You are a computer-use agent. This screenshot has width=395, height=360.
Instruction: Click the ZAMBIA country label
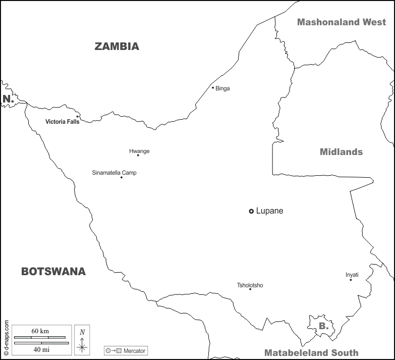117,46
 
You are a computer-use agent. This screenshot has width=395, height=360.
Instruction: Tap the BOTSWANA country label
53,272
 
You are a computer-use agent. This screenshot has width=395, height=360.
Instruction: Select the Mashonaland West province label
342,22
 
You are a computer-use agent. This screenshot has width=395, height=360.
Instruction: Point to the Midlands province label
341,152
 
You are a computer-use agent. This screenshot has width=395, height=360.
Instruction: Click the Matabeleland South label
311,353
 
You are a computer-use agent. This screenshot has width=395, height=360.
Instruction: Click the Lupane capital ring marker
251,211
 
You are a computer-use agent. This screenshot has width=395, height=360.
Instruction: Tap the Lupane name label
269,211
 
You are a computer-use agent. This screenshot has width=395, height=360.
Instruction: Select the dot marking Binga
213,88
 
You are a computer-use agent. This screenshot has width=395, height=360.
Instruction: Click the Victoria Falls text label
62,122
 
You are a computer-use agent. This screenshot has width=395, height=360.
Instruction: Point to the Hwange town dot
138,155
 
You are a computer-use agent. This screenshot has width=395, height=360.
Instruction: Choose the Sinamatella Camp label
114,173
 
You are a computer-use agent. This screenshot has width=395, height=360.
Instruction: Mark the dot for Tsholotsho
250,289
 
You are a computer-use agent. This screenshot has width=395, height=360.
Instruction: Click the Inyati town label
352,275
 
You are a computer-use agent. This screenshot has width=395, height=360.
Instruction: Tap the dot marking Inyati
351,280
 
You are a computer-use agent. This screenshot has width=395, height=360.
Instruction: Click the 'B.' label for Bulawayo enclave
323,326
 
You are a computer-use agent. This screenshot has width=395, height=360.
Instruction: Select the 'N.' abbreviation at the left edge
8,99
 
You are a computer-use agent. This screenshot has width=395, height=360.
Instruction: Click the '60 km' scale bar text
40,331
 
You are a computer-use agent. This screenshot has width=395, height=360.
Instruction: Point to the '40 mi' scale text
40,349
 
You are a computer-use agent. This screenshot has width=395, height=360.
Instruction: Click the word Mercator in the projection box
134,350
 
